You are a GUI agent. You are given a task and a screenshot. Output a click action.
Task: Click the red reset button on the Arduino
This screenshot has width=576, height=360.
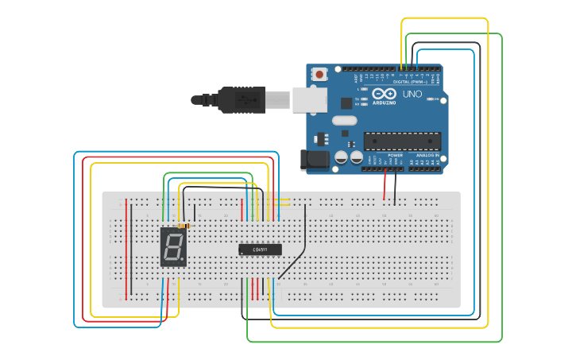point(319,75)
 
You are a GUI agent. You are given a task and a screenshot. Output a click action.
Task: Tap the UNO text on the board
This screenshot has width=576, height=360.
point(412,94)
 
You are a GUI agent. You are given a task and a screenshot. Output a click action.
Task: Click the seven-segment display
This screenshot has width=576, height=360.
point(173,246)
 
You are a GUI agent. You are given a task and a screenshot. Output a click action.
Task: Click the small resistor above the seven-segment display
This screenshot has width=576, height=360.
point(184,226)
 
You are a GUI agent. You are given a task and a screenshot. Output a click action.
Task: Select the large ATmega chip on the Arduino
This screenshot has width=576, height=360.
point(402,141)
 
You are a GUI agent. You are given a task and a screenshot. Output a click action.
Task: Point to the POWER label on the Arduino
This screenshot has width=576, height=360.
point(384,155)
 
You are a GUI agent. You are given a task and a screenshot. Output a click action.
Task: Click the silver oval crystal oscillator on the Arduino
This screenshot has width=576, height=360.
point(345,121)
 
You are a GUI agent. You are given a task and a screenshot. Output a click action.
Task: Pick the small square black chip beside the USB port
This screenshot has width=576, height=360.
point(346,103)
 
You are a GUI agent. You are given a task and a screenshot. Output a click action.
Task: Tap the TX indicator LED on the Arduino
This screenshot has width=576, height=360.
point(365,99)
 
